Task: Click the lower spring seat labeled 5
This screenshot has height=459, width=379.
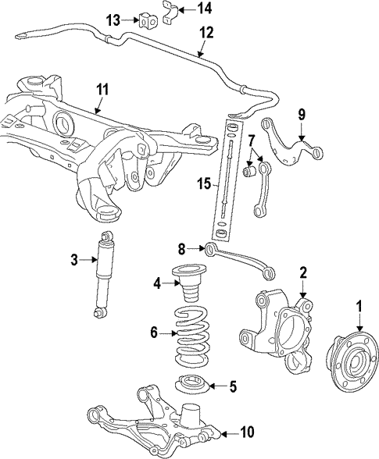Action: pos(191,386)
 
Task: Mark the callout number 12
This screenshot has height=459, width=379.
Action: pos(206,32)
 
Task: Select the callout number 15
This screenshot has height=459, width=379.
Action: pos(202,184)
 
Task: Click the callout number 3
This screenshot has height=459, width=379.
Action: pos(75,260)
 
